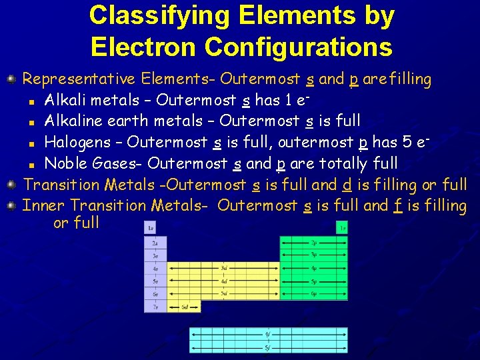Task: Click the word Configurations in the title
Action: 298,47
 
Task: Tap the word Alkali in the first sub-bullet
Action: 65,100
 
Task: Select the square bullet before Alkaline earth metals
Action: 31,122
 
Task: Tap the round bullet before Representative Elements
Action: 11,80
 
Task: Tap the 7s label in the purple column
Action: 155,306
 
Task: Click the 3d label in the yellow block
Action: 224,267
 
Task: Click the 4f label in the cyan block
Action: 267,334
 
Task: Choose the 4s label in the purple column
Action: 155,267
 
